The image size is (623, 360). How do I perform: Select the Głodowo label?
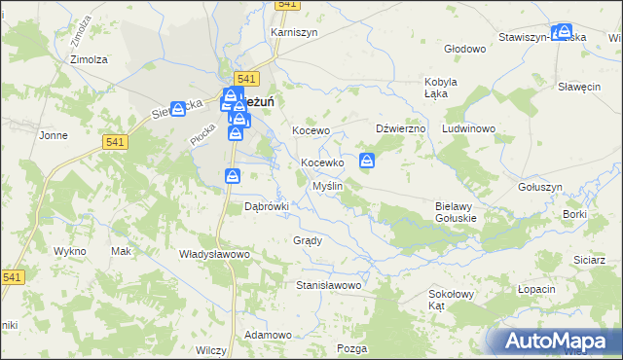[463, 48]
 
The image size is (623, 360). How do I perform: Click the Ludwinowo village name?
[469, 128]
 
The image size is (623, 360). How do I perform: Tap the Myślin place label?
[326, 186]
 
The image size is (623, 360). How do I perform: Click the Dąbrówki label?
[267, 206]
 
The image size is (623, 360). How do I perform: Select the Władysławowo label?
[215, 253]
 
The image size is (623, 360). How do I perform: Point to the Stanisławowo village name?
[329, 286]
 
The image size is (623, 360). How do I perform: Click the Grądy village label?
[307, 239]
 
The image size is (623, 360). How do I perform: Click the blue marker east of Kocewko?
[367, 161]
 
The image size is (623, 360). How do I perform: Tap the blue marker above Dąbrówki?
[233, 175]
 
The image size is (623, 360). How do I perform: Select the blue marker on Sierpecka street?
[178, 109]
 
